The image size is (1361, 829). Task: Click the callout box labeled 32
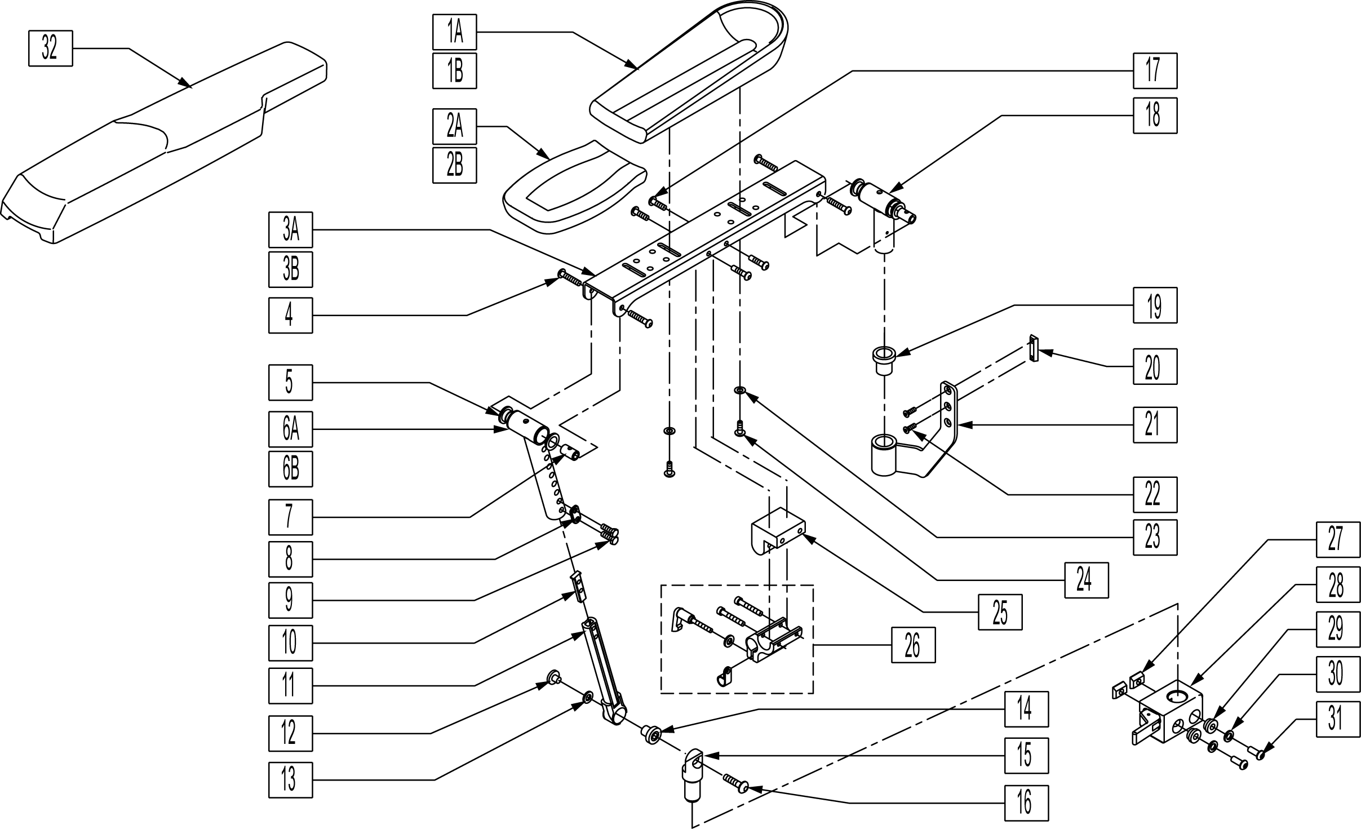(50, 49)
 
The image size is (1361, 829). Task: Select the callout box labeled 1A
(455, 32)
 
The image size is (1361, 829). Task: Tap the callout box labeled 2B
(455, 165)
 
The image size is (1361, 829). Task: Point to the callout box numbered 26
(913, 645)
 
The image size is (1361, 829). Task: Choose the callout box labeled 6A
(290, 429)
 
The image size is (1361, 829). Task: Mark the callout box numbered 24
(1086, 580)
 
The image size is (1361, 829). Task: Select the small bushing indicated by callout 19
(884, 361)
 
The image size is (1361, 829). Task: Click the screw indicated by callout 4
(569, 277)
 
